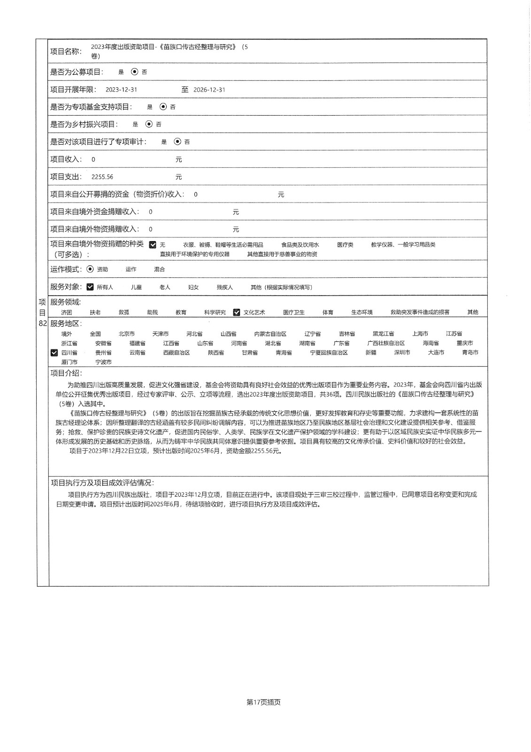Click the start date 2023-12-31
[x=121, y=90]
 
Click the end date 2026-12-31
[x=209, y=90]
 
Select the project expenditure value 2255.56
[x=102, y=177]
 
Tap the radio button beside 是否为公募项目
[x=135, y=72]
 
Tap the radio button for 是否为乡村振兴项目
[x=149, y=124]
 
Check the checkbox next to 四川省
[x=54, y=352]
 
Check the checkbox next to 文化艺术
[x=237, y=312]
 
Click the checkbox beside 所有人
[x=90, y=287]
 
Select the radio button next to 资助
[x=90, y=269]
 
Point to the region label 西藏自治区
[x=177, y=352]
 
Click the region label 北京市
[x=127, y=334]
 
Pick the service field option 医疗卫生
[x=294, y=313]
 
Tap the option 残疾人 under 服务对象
[x=224, y=287]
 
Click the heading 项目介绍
[x=66, y=373]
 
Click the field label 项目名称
[x=66, y=51]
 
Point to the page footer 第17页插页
[x=263, y=702]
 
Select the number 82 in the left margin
[x=42, y=324]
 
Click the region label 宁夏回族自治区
[x=329, y=352]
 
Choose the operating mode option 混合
[x=160, y=269]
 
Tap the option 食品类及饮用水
[x=300, y=245]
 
